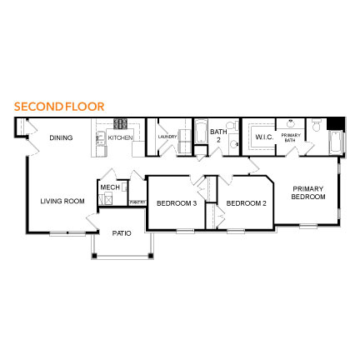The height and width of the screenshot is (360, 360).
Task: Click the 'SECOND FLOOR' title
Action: click(x=59, y=107)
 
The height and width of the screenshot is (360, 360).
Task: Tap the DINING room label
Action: click(x=61, y=137)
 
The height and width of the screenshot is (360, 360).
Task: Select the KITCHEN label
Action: click(x=119, y=137)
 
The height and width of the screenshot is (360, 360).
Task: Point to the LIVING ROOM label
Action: click(x=63, y=201)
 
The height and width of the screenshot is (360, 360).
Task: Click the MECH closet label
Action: click(x=110, y=187)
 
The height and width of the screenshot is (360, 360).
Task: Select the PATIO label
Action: click(x=122, y=233)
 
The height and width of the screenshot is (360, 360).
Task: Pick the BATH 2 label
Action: click(x=218, y=134)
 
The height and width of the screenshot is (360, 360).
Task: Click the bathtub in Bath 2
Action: click(x=201, y=136)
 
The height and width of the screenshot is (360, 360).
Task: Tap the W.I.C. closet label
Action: click(x=265, y=137)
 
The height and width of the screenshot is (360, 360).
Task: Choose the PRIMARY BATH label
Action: click(x=291, y=137)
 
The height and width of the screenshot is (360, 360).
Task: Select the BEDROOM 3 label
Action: click(x=177, y=202)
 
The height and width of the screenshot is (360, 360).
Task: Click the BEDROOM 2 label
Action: click(x=246, y=202)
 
